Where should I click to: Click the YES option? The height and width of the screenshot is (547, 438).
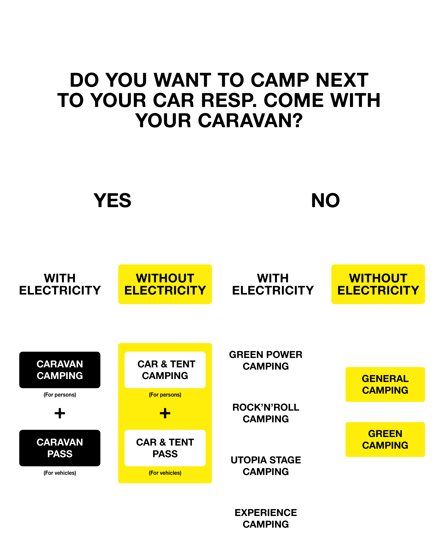pyautogui.click(x=113, y=200)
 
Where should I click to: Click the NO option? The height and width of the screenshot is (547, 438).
pyautogui.click(x=325, y=200)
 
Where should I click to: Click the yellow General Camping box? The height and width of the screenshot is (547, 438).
pyautogui.click(x=385, y=384)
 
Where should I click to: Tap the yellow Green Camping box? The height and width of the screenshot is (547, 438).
pyautogui.click(x=385, y=439)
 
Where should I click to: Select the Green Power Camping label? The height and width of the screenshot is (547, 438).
pyautogui.click(x=266, y=360)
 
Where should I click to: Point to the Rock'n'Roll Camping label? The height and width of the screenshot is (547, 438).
pyautogui.click(x=266, y=413)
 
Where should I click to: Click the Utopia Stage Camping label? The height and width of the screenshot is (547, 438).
pyautogui.click(x=266, y=466)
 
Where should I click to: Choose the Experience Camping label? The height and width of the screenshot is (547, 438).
pyautogui.click(x=266, y=518)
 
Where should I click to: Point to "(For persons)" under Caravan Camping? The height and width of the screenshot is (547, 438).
pyautogui.click(x=60, y=395)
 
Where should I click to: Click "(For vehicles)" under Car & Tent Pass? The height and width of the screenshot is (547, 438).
pyautogui.click(x=165, y=473)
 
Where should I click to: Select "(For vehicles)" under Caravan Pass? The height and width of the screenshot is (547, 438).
pyautogui.click(x=60, y=473)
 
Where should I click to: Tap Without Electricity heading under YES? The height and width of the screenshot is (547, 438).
pyautogui.click(x=165, y=284)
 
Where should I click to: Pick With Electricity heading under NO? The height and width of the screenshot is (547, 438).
pyautogui.click(x=273, y=284)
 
